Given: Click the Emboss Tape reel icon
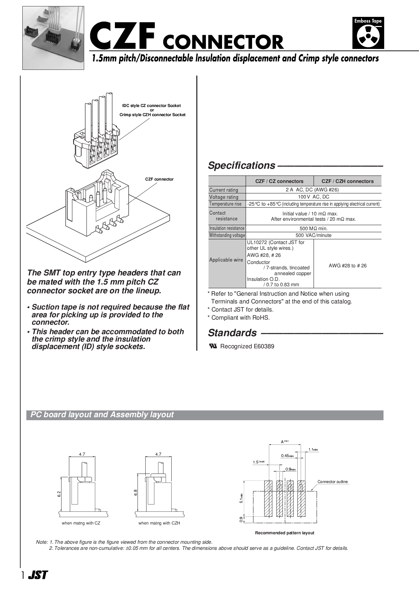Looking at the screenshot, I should click(x=368, y=36).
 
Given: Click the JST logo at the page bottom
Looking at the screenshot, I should click(x=38, y=575).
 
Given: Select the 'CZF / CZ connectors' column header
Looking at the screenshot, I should click(x=279, y=181).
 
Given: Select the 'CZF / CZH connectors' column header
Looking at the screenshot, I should click(x=347, y=181).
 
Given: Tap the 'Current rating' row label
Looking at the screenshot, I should click(x=224, y=190).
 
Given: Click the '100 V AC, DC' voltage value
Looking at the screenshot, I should click(x=313, y=197).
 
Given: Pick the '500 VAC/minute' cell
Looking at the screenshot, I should click(x=313, y=235).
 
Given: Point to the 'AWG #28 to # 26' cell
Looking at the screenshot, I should click(x=347, y=266).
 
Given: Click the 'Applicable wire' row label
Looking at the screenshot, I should click(x=226, y=260).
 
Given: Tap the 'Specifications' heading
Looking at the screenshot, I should click(x=242, y=165).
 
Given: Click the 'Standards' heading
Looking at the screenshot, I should click(x=232, y=333).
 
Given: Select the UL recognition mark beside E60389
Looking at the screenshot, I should click(x=213, y=346).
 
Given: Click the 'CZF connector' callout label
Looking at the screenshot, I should click(x=159, y=179).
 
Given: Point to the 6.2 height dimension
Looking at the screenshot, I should click(x=59, y=494).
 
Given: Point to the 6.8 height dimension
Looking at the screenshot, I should click(x=135, y=492).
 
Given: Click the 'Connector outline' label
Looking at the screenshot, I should click(x=332, y=482).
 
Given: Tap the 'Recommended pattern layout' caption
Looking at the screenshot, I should click(x=285, y=533).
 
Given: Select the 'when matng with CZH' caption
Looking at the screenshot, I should click(x=159, y=523).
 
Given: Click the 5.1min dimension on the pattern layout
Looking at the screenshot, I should click(x=241, y=498).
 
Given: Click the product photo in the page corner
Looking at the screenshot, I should click(x=53, y=38).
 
